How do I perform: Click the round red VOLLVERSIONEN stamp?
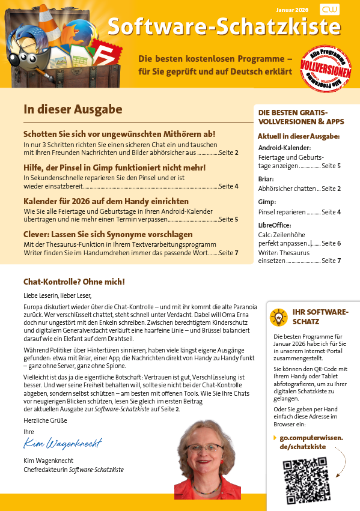click(x=326, y=70)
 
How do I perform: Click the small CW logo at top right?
click(x=329, y=10)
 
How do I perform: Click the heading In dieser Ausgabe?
click(x=73, y=109)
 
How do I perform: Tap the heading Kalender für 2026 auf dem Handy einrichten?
click(x=106, y=201)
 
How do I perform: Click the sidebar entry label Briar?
click(x=266, y=179)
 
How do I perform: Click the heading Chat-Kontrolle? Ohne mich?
click(x=74, y=281)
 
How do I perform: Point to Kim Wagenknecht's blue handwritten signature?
click(x=63, y=444)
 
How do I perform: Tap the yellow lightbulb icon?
click(x=279, y=316)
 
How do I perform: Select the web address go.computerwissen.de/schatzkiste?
click(x=308, y=442)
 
